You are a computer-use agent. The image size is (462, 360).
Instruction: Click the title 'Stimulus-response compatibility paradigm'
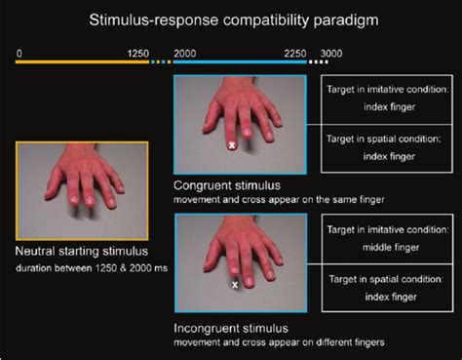tap(232, 19)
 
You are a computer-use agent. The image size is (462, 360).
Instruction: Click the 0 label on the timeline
tap(19, 52)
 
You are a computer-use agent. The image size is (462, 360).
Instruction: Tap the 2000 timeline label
tap(185, 52)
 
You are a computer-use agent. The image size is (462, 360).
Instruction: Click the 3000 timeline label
tap(332, 52)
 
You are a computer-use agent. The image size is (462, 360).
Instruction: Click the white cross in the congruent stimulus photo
tap(232, 145)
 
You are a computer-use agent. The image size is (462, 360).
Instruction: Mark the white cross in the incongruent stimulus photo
tap(235, 286)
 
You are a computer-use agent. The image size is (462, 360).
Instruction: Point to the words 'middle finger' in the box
tap(381, 249)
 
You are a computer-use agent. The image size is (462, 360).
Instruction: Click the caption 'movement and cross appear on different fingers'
tap(273, 341)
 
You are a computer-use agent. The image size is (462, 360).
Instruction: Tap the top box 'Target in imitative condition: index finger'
tap(381, 100)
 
